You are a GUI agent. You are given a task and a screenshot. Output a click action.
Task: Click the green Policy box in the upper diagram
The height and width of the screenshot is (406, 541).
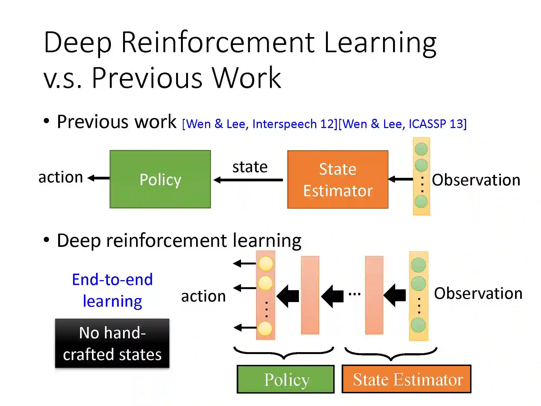[160, 179]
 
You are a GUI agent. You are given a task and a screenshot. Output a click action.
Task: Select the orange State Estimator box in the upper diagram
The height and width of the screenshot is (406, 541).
[338, 179]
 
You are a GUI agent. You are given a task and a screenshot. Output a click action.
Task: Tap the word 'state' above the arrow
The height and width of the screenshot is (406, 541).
[250, 167]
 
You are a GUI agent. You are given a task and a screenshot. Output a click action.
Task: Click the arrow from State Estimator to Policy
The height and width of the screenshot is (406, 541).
[248, 180]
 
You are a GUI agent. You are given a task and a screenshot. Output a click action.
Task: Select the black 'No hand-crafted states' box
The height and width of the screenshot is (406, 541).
[112, 343]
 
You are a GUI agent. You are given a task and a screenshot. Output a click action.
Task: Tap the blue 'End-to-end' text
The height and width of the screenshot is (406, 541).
[112, 279]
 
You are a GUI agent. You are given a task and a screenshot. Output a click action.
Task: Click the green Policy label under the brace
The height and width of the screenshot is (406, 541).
[286, 379]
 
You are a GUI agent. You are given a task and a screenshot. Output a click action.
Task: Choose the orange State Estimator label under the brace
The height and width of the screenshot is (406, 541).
[407, 379]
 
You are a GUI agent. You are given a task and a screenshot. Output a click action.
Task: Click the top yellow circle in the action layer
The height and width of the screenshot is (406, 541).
[266, 263]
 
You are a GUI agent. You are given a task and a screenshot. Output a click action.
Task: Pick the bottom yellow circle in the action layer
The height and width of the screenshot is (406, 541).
[265, 328]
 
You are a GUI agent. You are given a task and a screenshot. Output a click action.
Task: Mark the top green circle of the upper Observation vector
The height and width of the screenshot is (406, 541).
[421, 149]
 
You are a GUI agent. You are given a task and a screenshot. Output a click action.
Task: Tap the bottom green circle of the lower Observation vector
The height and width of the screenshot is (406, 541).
[418, 325]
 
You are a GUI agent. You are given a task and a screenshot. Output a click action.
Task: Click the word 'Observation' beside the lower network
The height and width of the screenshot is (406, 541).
[478, 293]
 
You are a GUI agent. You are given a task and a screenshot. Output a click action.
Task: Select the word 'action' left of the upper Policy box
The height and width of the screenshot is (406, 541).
[61, 177]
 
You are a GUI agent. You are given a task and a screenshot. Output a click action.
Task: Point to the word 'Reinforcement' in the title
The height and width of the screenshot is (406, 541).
[218, 43]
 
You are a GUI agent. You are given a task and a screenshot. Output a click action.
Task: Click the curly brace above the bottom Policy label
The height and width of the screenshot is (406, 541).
[284, 353]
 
